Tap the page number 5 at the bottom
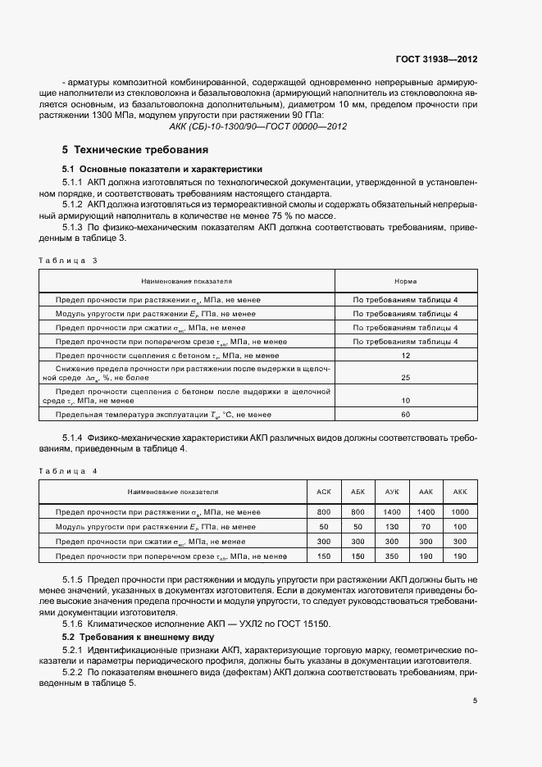(475, 701)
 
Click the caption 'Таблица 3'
(68, 260)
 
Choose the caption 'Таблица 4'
(68, 471)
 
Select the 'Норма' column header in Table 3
(405, 280)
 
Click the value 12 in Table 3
(405, 356)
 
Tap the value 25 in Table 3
(405, 378)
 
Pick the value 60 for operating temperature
(405, 414)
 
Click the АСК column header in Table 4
(324, 492)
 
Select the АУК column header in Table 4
(392, 492)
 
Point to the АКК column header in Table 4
(459, 492)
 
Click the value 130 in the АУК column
(392, 527)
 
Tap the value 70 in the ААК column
(426, 527)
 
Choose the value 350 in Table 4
(392, 556)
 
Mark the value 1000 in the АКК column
(459, 512)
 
